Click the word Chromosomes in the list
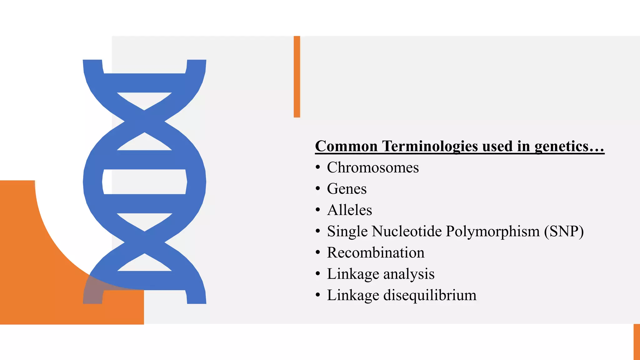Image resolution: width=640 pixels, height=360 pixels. pyautogui.click(x=373, y=167)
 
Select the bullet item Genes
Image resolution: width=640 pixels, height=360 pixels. pyautogui.click(x=347, y=189)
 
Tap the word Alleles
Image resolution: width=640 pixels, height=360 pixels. pyautogui.click(x=349, y=210)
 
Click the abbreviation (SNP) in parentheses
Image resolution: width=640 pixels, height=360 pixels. pyautogui.click(x=564, y=232)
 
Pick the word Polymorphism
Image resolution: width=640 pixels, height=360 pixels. pyautogui.click(x=493, y=232)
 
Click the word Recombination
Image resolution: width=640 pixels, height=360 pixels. pyautogui.click(x=376, y=252)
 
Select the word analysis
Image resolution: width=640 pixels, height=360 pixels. pyautogui.click(x=409, y=274)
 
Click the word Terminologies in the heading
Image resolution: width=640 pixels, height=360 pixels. pyautogui.click(x=430, y=146)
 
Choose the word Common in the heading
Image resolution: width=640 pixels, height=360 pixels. pyautogui.click(x=346, y=146)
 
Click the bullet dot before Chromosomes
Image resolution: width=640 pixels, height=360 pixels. pyautogui.click(x=318, y=167)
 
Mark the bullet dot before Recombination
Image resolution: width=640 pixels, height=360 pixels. pyautogui.click(x=318, y=252)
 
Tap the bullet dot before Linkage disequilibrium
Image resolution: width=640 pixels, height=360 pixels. pyautogui.click(x=318, y=295)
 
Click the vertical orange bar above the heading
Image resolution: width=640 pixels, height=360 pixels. pyautogui.click(x=297, y=77)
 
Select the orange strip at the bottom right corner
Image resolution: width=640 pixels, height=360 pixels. pyautogui.click(x=637, y=342)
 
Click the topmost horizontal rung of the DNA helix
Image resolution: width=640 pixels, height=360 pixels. pyautogui.click(x=144, y=83)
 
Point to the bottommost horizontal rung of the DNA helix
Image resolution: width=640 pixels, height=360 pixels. pyautogui.click(x=144, y=280)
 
